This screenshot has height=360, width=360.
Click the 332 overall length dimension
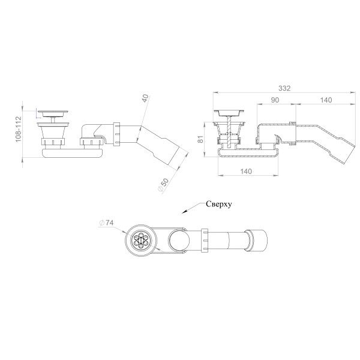pyautogui.click(x=284, y=88)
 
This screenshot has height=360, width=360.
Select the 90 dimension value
pyautogui.click(x=275, y=100)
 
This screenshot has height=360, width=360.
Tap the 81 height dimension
pyautogui.click(x=200, y=139)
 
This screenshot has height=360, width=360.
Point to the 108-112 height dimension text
pyautogui.click(x=19, y=129)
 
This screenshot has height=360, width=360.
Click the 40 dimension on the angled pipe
pyautogui.click(x=145, y=98)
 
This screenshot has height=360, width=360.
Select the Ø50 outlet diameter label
pyautogui.click(x=164, y=185)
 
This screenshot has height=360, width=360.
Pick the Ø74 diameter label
pyautogui.click(x=107, y=223)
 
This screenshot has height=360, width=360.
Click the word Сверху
pyautogui.click(x=219, y=204)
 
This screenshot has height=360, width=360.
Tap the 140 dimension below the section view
pyautogui.click(x=246, y=171)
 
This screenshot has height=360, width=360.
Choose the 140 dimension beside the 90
pyautogui.click(x=326, y=100)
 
